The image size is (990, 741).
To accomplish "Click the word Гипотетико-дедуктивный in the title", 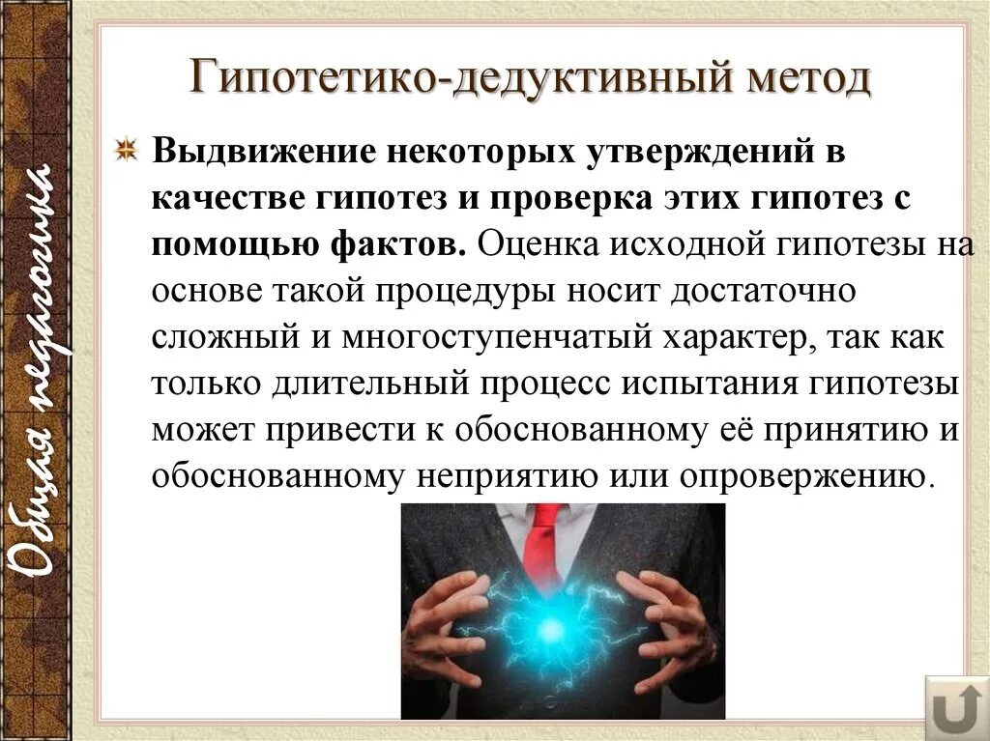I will click(439, 78).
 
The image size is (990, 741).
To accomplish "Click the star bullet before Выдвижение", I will click(127, 152).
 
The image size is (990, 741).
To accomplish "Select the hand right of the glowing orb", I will click(667, 628).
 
